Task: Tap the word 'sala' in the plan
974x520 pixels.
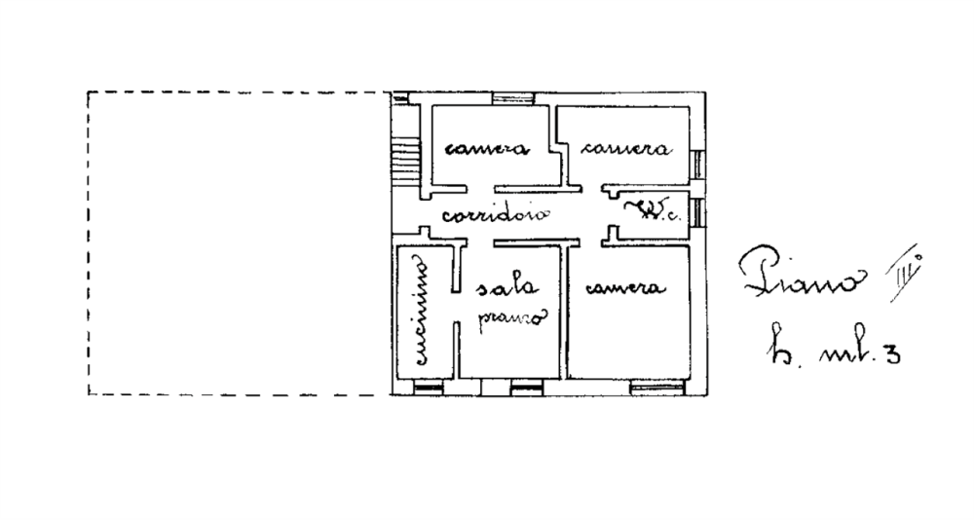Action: (x=506, y=288)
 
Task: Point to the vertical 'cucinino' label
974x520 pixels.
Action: (x=422, y=311)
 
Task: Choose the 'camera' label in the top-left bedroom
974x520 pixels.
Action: (x=486, y=150)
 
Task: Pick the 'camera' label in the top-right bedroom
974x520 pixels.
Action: (x=625, y=150)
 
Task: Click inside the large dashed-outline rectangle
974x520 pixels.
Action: (x=234, y=243)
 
